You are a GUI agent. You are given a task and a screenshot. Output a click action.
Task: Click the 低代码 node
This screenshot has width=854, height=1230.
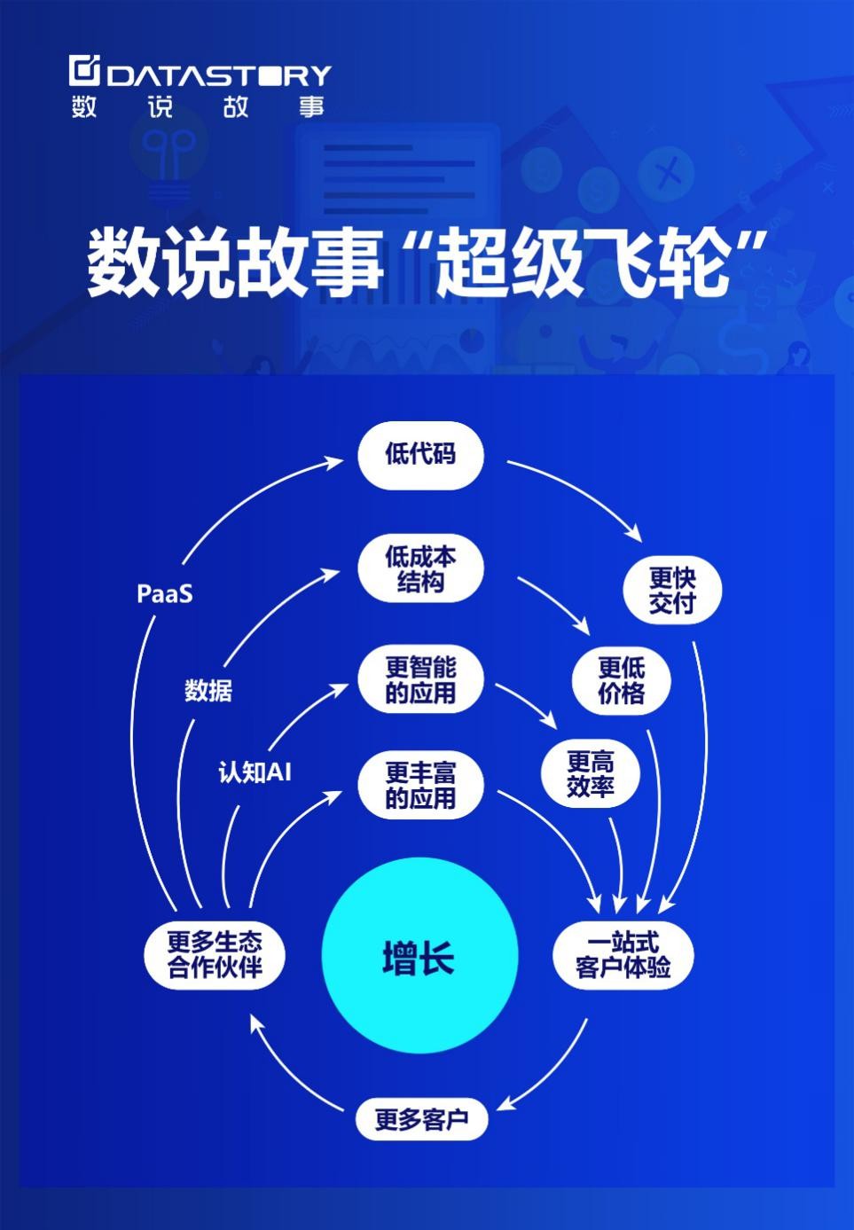(x=420, y=455)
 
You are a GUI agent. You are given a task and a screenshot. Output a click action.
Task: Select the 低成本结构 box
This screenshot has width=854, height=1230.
(x=420, y=569)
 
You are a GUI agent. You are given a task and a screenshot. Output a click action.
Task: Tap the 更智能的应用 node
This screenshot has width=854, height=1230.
(x=420, y=680)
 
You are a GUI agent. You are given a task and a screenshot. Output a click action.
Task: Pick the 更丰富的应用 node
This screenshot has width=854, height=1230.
(x=420, y=785)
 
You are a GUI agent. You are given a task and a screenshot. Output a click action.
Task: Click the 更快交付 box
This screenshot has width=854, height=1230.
(x=672, y=591)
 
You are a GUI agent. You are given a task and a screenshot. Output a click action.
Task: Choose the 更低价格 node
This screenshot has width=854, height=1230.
(x=621, y=680)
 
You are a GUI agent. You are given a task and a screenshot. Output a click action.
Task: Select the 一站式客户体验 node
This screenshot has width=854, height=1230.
(x=623, y=955)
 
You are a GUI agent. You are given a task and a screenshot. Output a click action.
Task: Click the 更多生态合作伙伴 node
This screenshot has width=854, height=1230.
(x=215, y=954)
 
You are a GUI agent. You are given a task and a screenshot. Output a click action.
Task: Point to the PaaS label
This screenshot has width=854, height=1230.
(x=165, y=593)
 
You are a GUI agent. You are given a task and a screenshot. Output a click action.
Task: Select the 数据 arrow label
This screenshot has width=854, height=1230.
(x=208, y=690)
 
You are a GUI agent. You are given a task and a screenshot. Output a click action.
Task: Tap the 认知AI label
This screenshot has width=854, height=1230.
(x=255, y=772)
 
